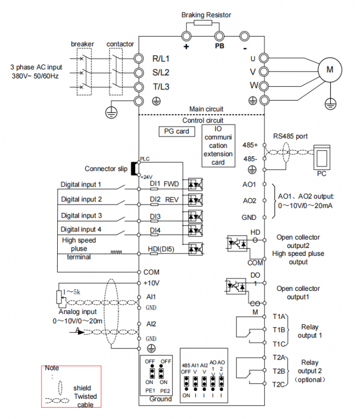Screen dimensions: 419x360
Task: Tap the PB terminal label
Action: pos(220,46)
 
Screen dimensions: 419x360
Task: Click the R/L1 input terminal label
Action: pos(161,58)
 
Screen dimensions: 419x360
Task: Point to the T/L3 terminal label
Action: pos(161,87)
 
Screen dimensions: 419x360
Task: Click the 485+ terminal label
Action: pos(249,145)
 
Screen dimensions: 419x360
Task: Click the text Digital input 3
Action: pos(81,216)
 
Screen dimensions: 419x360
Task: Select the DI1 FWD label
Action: pos(164,185)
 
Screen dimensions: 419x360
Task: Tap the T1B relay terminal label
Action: pos(279,329)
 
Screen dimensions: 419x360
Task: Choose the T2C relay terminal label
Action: pos(279,384)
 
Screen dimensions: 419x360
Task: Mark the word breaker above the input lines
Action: pos(82,44)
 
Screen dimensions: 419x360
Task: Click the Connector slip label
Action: pos(106,169)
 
